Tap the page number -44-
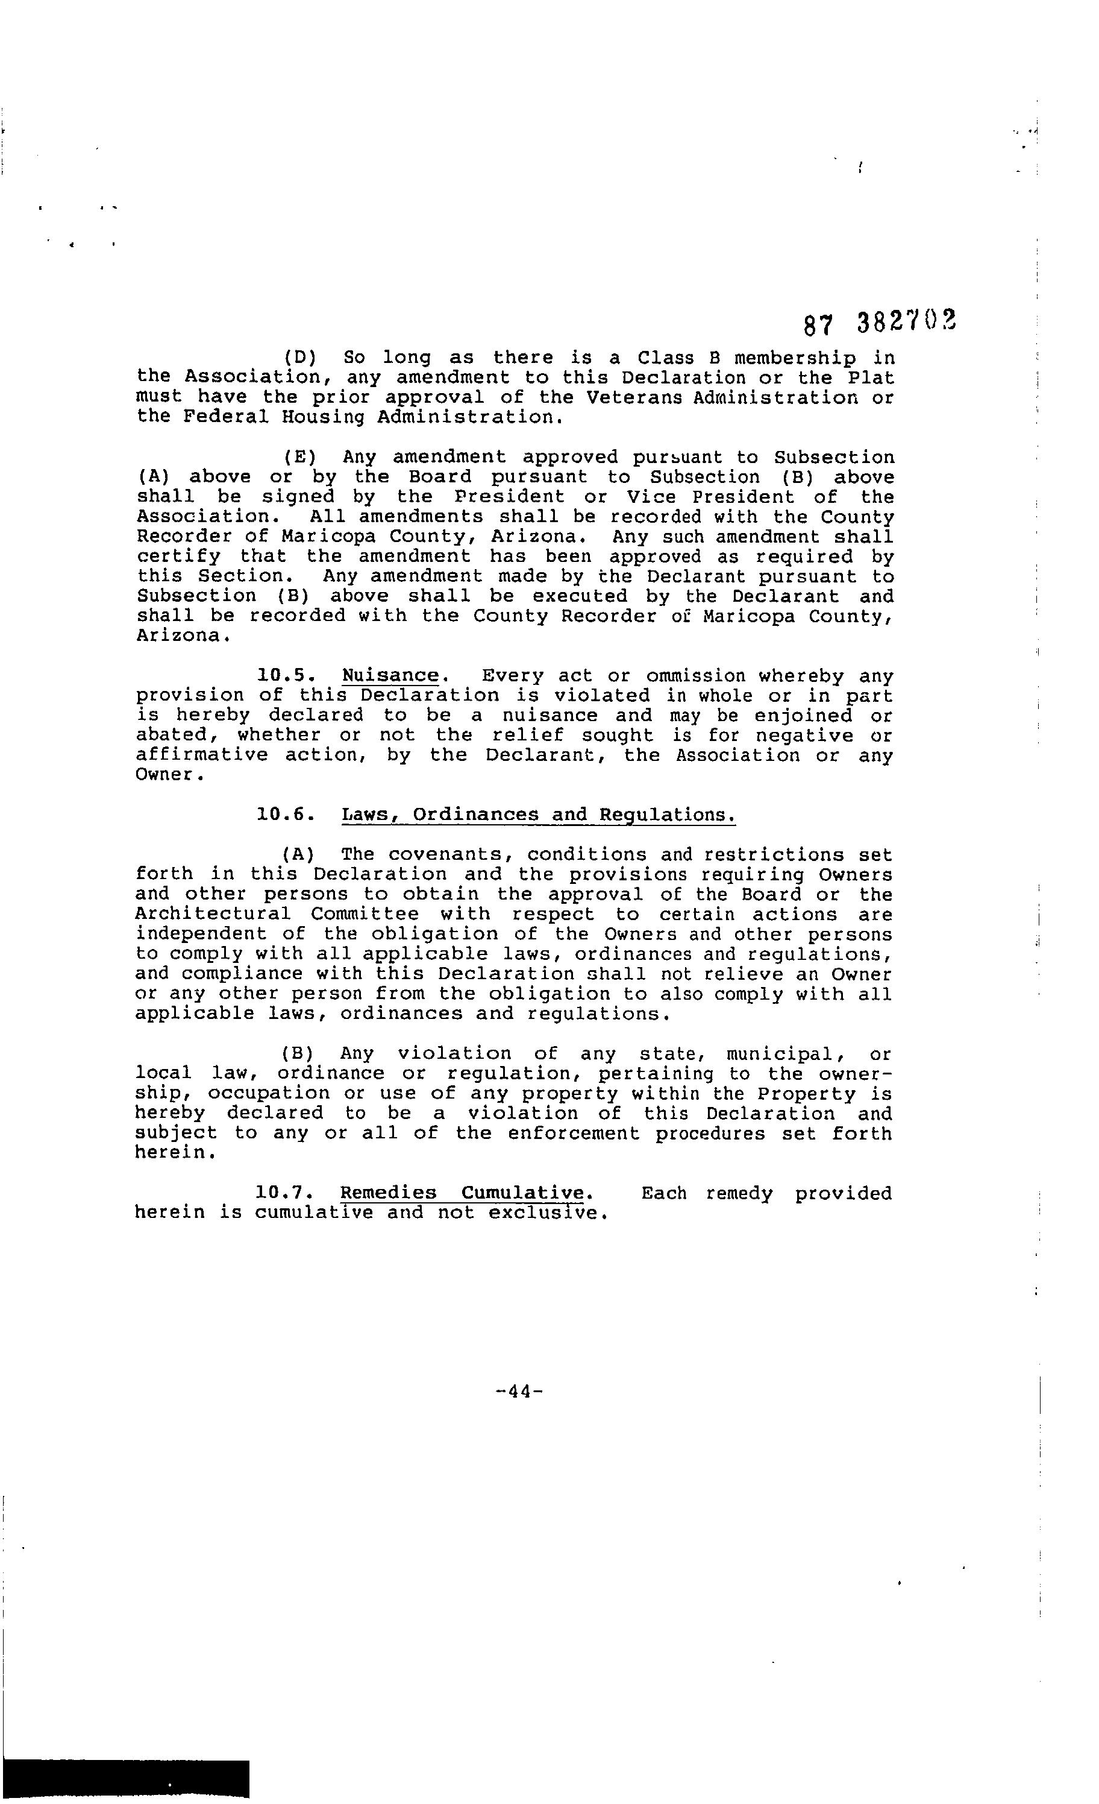518,1391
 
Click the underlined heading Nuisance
390,675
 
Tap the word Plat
871,378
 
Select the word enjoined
803,715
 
